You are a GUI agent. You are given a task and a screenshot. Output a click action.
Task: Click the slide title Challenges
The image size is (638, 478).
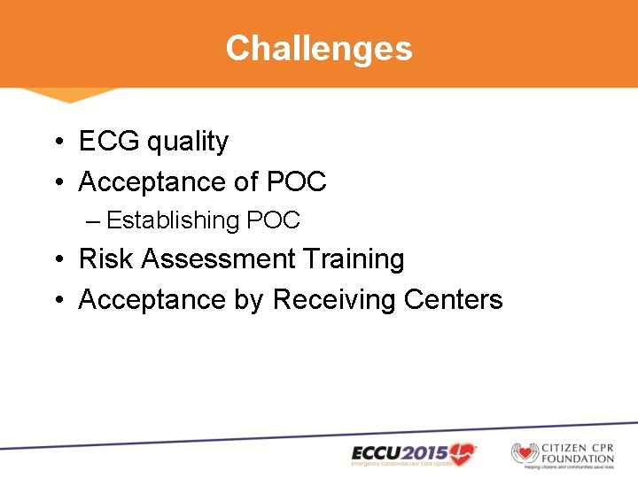pyautogui.click(x=319, y=48)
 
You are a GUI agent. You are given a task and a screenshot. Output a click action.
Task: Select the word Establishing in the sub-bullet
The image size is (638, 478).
pyautogui.click(x=174, y=220)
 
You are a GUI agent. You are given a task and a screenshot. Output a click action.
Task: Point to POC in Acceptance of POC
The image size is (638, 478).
pyautogui.click(x=296, y=182)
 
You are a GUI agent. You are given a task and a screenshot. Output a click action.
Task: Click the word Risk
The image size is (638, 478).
pyautogui.click(x=106, y=259)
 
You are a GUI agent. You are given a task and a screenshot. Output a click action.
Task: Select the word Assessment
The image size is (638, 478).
pyautogui.click(x=218, y=259)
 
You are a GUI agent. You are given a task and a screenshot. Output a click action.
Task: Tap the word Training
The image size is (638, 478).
pyautogui.click(x=354, y=259)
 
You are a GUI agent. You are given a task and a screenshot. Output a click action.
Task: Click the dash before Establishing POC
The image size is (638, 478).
pyautogui.click(x=94, y=220)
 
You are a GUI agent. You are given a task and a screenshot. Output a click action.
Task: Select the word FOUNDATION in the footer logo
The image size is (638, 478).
pyautogui.click(x=576, y=459)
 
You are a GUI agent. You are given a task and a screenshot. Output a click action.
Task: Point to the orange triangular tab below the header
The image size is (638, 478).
pyautogui.click(x=69, y=94)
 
